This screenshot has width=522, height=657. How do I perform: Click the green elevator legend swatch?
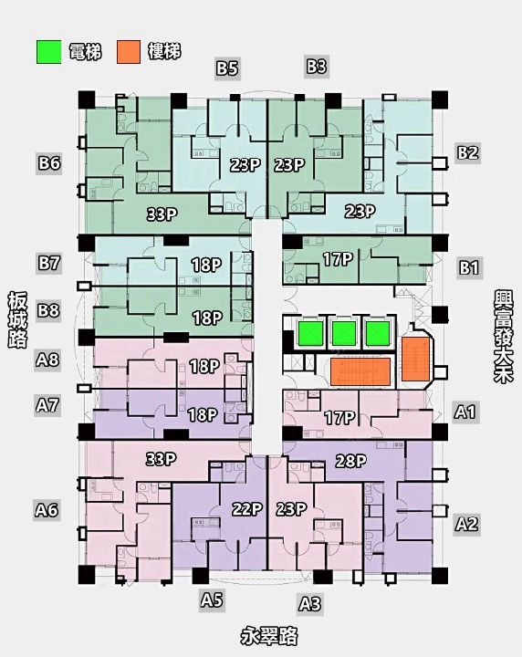coord(48,52)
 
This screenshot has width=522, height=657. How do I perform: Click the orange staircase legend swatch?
coord(129,52)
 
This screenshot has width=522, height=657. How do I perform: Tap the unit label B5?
coord(227,68)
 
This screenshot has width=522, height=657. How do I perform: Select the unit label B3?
coord(317,67)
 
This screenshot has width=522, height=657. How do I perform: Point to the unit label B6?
coord(49,162)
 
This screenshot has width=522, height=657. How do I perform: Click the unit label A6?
coord(47,509)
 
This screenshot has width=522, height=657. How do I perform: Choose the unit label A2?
coord(466,524)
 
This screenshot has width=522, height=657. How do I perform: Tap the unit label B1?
coord(468,267)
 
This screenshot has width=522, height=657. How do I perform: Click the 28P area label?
coord(351,461)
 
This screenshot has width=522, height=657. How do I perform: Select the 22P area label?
coord(247,509)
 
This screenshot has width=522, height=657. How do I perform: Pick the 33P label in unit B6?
coord(162,214)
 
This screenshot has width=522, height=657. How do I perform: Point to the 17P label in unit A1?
coord(339,417)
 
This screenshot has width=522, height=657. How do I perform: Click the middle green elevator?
coord(344,333)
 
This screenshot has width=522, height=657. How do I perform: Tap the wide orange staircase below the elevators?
coord(360,371)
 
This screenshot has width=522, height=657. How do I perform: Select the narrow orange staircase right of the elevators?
coord(414,359)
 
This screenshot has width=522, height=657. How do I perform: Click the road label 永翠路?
coord(269,636)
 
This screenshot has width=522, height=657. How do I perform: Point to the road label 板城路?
coord(17,319)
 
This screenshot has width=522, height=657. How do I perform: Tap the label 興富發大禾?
coord(503,336)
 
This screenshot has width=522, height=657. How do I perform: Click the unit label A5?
coord(211,600)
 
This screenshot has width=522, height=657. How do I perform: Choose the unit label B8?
coord(48,310)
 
